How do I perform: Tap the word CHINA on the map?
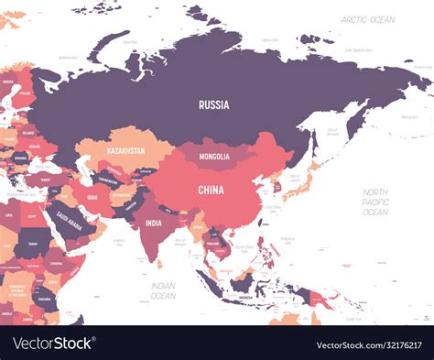pos(211,190)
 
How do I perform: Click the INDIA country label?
pos(153,223)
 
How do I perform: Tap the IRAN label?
pos(92,196)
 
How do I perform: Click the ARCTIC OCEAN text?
pos(367,19)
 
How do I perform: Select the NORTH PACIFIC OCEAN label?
pos(374,202)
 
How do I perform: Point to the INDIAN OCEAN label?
pos(162,290)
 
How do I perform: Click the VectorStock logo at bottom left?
pos(53,344)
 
